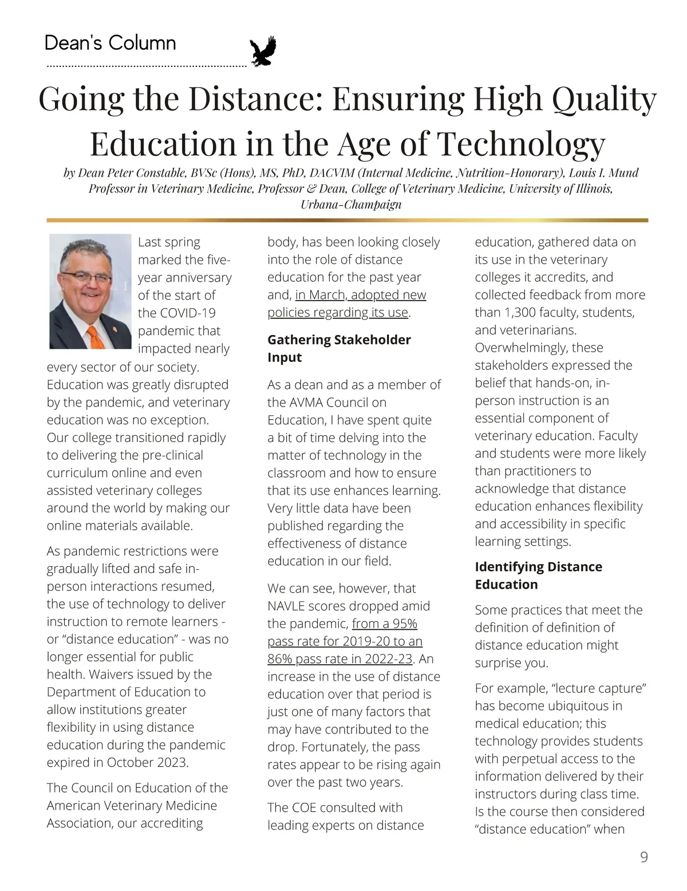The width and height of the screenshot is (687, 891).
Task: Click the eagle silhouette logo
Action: (263, 52)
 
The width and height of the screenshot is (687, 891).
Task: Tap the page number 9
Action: (643, 857)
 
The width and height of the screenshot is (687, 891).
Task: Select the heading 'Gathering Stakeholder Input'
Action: (339, 348)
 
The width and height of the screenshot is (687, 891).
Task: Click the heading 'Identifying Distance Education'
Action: (538, 575)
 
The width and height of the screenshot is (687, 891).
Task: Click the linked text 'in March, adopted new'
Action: (361, 295)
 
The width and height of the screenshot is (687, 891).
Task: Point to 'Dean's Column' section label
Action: (110, 44)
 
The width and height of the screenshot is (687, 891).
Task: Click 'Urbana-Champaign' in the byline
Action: (351, 204)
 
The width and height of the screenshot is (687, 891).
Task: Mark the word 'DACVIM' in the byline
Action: (332, 173)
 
